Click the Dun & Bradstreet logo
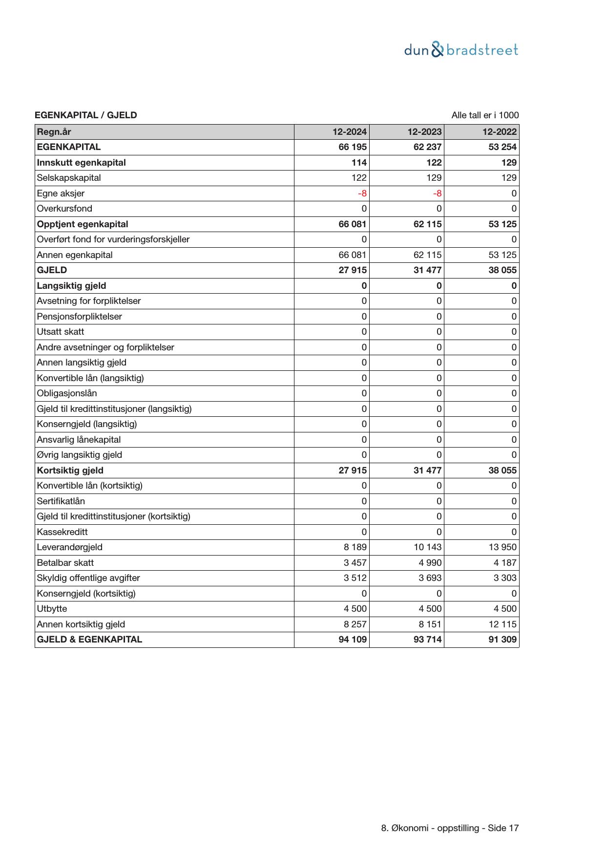tap(461, 50)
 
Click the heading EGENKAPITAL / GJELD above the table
tap(85, 115)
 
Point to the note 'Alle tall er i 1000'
tap(485, 115)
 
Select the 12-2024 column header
tap(350, 132)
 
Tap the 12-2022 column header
tap(499, 132)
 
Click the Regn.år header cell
tap(54, 132)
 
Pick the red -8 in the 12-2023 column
tap(437, 193)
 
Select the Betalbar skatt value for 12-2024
tap(355, 563)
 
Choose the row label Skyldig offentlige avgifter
tap(88, 578)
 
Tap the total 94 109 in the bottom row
tap(353, 640)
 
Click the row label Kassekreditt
tap(62, 532)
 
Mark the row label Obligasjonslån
tap(67, 393)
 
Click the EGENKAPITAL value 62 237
tap(427, 147)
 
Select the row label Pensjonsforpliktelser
tap(79, 317)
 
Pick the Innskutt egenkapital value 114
tap(359, 163)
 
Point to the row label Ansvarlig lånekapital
tap(79, 440)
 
